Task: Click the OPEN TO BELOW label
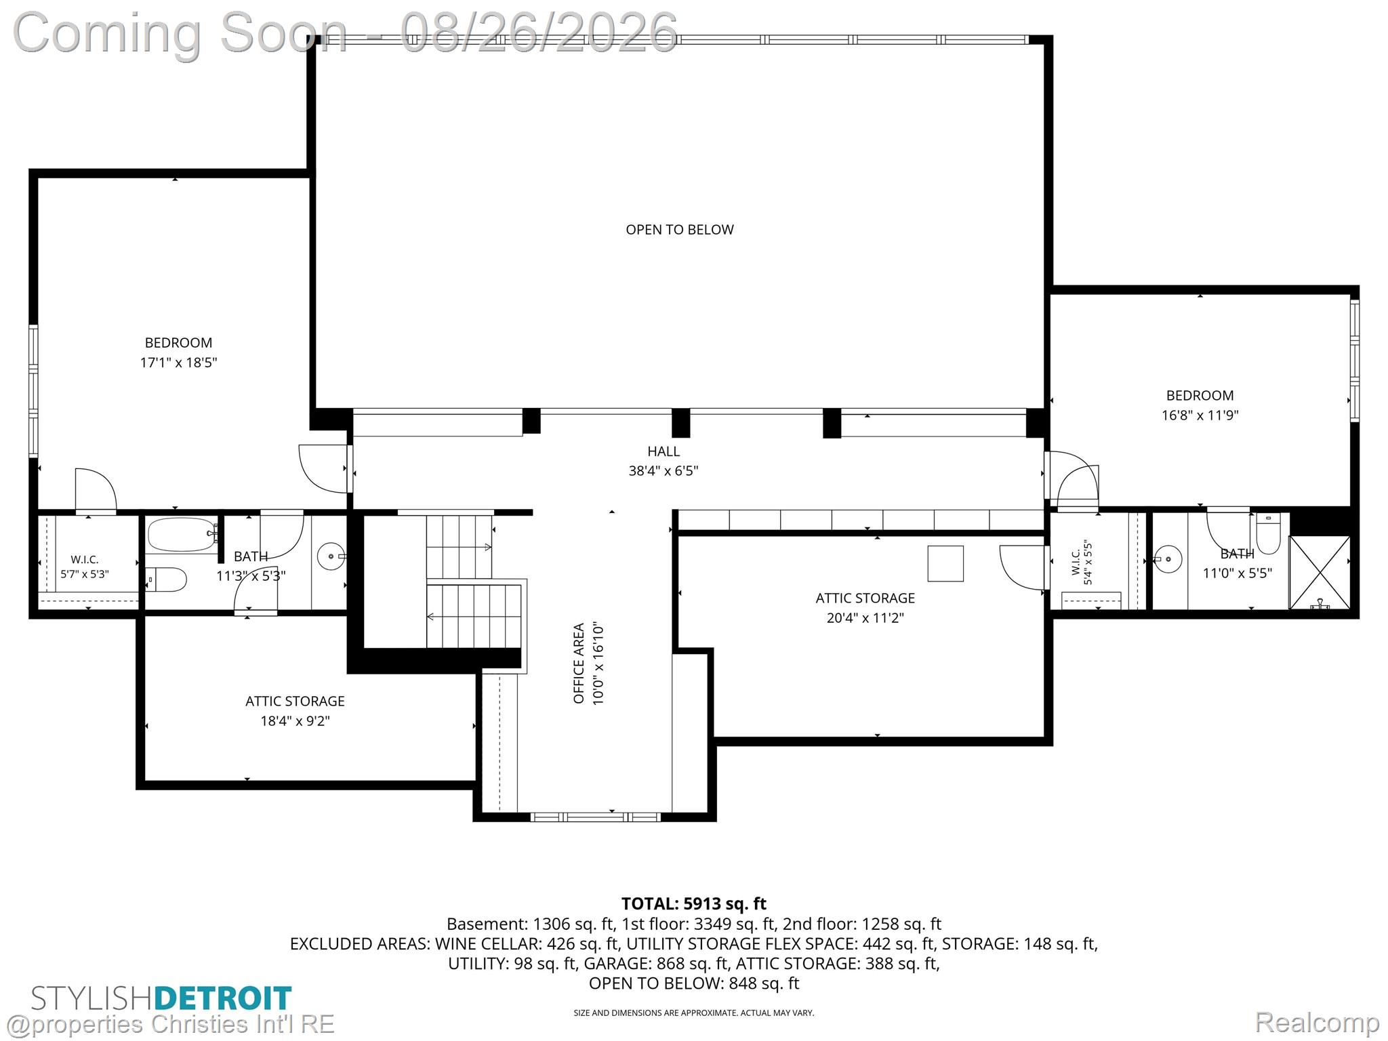(680, 230)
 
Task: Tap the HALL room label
(664, 451)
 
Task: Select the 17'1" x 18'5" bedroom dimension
(178, 363)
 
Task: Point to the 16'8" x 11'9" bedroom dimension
(1200, 415)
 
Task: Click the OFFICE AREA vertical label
(579, 664)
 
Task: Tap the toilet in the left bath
(166, 579)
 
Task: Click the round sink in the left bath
(331, 557)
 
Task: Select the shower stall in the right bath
(1320, 573)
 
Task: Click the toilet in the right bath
(1268, 533)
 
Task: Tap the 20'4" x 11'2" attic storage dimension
(865, 618)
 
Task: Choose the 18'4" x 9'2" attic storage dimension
(295, 721)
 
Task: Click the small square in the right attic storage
(945, 564)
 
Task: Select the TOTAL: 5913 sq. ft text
(694, 903)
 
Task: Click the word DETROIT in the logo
(223, 998)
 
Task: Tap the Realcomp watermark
(1317, 1022)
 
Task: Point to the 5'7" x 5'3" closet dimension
(85, 574)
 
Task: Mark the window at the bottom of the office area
(595, 817)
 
